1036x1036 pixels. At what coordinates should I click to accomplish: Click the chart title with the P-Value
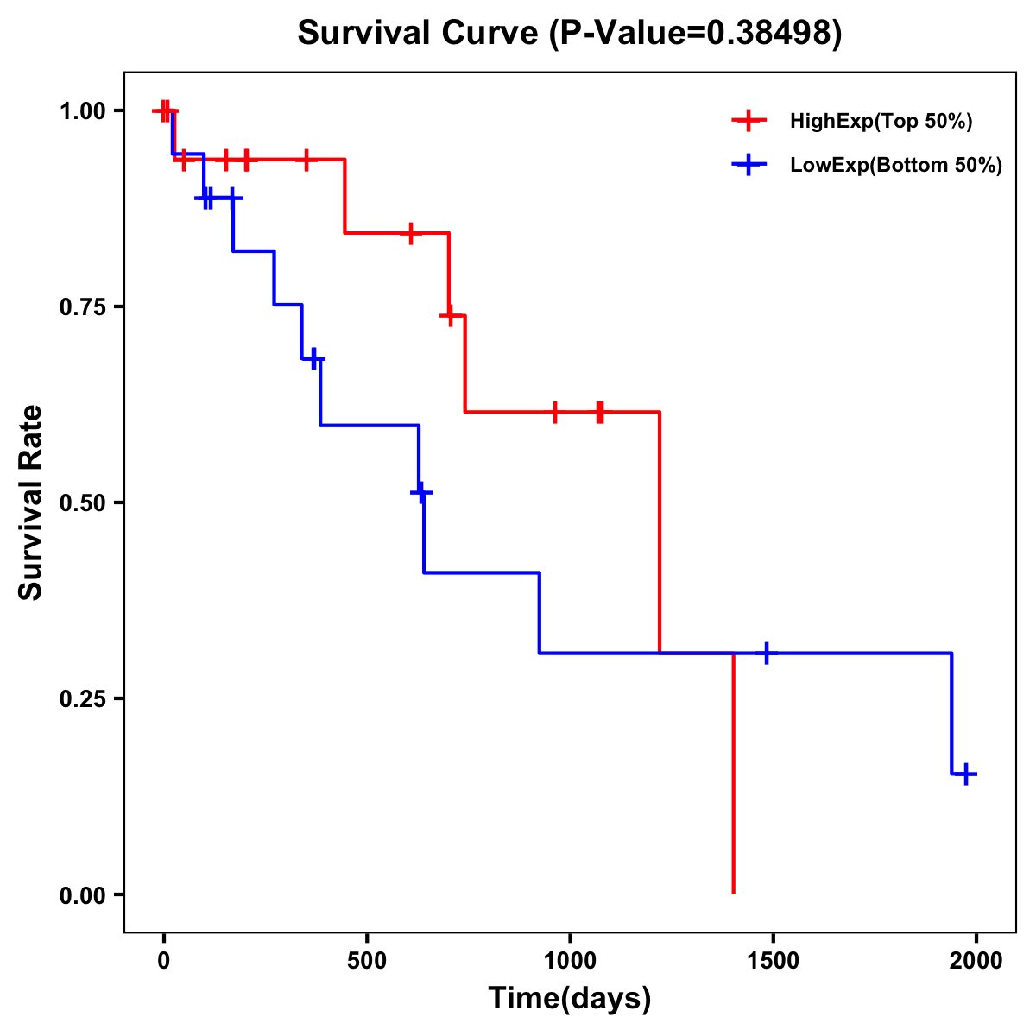pyautogui.click(x=569, y=33)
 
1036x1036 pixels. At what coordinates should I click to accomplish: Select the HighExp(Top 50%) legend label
pyautogui.click(x=881, y=122)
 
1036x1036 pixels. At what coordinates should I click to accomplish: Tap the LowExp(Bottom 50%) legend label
pyautogui.click(x=896, y=166)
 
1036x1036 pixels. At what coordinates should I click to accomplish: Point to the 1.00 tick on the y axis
pyautogui.click(x=82, y=111)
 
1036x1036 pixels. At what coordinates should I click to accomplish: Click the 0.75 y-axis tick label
pyautogui.click(x=82, y=307)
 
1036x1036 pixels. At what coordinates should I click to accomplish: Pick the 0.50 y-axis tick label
pyautogui.click(x=82, y=503)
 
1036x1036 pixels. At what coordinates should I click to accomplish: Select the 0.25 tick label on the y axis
pyautogui.click(x=82, y=699)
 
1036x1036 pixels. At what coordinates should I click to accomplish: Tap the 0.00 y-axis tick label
pyautogui.click(x=82, y=895)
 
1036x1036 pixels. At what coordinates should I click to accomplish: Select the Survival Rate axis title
pyautogui.click(x=31, y=502)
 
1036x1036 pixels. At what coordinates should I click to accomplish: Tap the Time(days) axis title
pyautogui.click(x=570, y=999)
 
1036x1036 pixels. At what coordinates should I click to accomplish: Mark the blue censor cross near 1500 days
pyautogui.click(x=766, y=654)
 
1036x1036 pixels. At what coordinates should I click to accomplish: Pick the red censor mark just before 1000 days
pyautogui.click(x=554, y=413)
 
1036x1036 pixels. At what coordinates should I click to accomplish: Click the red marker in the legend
pyautogui.click(x=749, y=121)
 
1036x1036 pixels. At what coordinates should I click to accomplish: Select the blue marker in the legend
pyautogui.click(x=749, y=166)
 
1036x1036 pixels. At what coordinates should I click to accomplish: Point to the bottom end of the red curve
pyautogui.click(x=733, y=892)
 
